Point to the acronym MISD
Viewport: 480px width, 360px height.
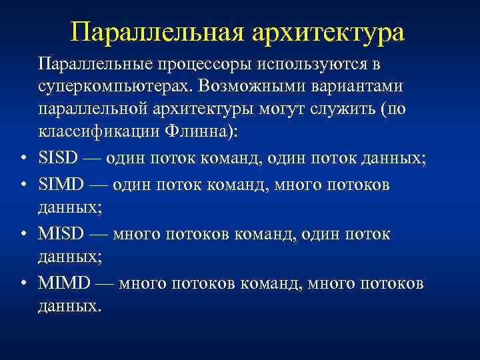coord(59,235)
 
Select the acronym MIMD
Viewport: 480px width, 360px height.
coord(61,284)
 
